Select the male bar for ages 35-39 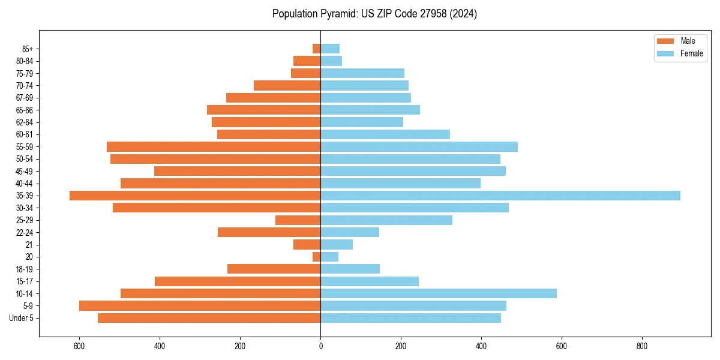coord(195,196)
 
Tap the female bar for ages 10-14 coord(439,293)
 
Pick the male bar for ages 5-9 coord(200,305)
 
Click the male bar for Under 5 coord(209,318)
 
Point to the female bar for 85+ coord(330,49)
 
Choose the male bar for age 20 coord(316,257)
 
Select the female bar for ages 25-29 coord(386,220)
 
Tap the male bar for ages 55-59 coord(214,146)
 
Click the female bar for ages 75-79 coord(362,73)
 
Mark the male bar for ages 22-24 coord(269,232)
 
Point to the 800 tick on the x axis coord(642,346)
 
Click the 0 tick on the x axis coord(320,346)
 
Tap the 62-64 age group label coord(25,122)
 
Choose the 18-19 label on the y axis coord(25,269)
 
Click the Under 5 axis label coord(22,318)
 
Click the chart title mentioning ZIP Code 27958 coord(374,14)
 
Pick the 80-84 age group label coord(25,61)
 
